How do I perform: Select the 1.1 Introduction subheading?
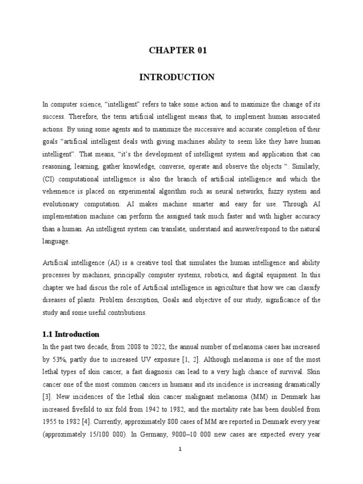70,334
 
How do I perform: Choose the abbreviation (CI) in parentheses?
48,179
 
